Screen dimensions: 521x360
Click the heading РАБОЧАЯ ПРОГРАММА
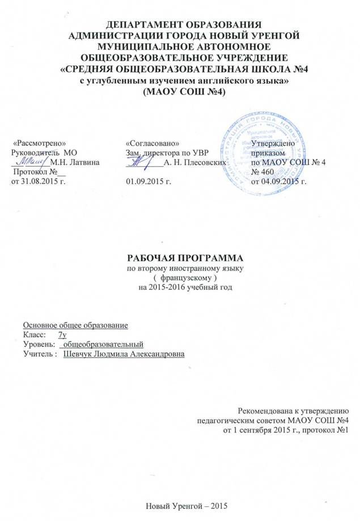[x=179, y=256]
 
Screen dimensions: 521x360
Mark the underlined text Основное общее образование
[x=75, y=325]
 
